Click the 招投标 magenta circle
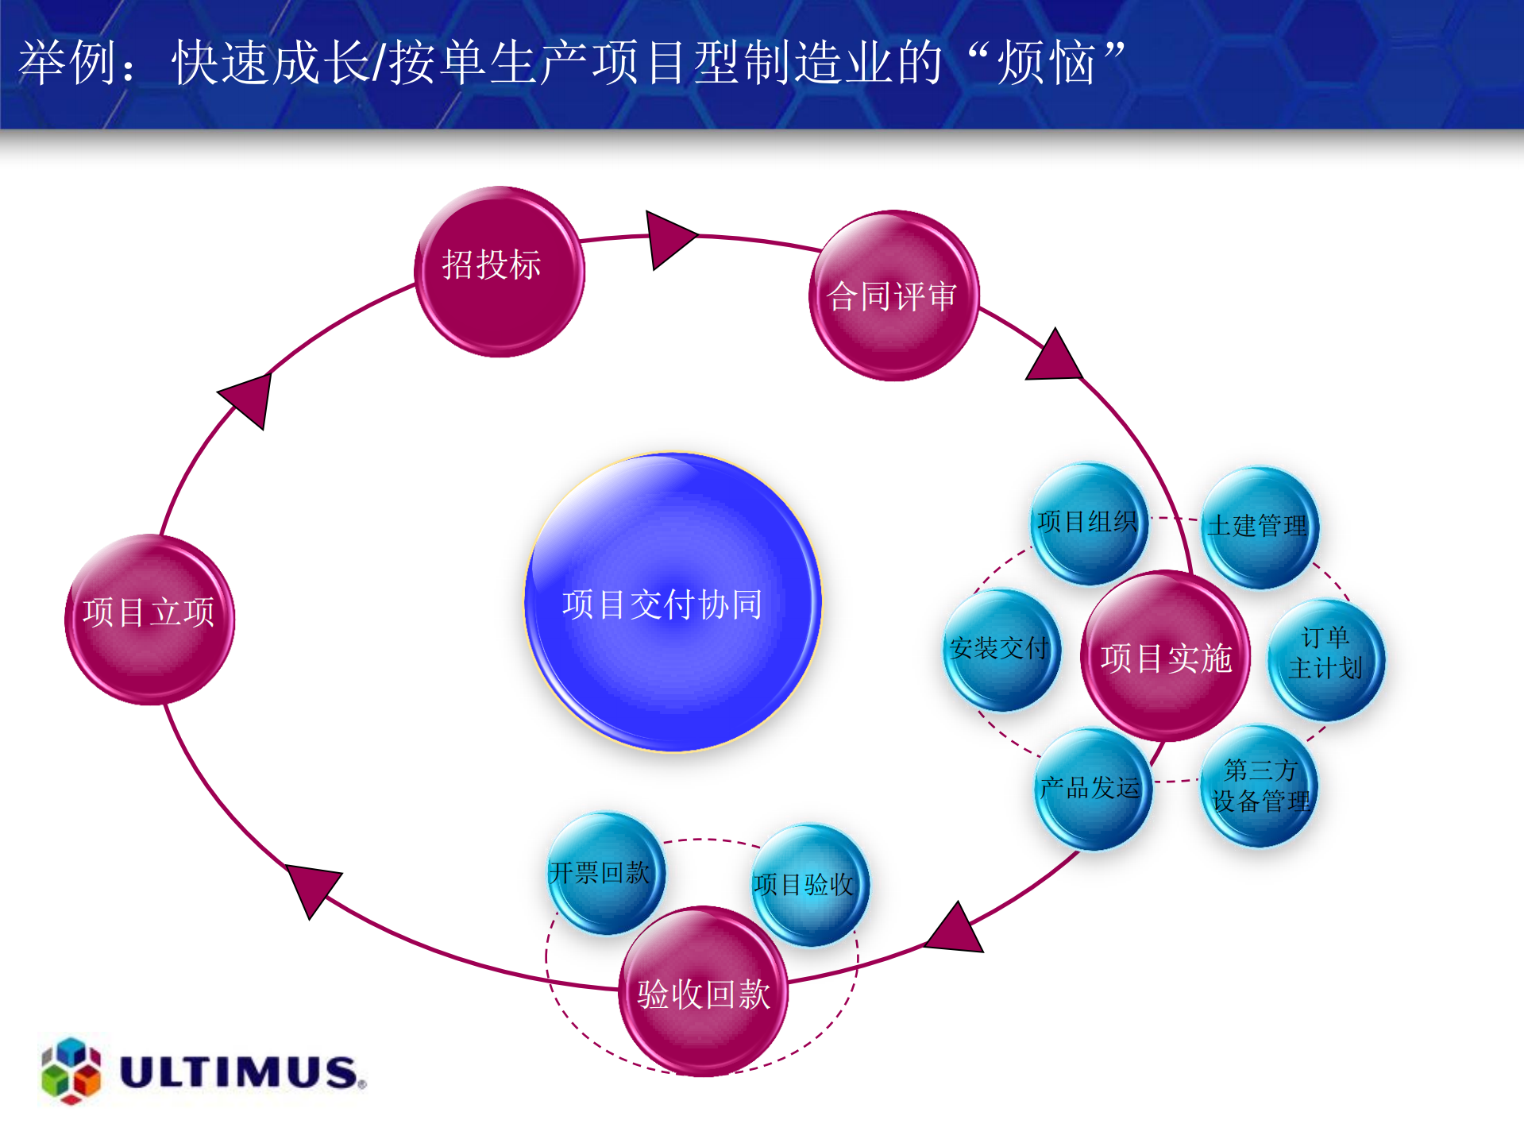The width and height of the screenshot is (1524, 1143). [x=500, y=272]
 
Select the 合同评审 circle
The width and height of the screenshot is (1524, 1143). [x=893, y=295]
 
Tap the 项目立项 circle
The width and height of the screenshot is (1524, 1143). [x=149, y=620]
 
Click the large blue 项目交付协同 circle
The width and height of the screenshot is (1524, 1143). [x=673, y=602]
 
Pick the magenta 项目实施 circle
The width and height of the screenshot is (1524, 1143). [x=1165, y=656]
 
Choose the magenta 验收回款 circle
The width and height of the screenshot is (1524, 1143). [x=703, y=991]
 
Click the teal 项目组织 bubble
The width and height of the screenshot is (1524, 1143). [x=1088, y=523]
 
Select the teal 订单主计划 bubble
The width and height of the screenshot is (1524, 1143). [x=1325, y=659]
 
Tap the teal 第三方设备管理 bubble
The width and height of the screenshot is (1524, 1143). [x=1259, y=785]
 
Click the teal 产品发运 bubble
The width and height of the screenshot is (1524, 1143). [x=1092, y=788]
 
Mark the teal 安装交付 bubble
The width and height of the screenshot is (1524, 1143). [x=1001, y=649]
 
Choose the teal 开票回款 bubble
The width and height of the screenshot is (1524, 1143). [x=605, y=872]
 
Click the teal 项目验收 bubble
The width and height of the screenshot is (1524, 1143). [x=809, y=884]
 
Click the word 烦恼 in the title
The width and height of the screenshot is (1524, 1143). [x=1047, y=64]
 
